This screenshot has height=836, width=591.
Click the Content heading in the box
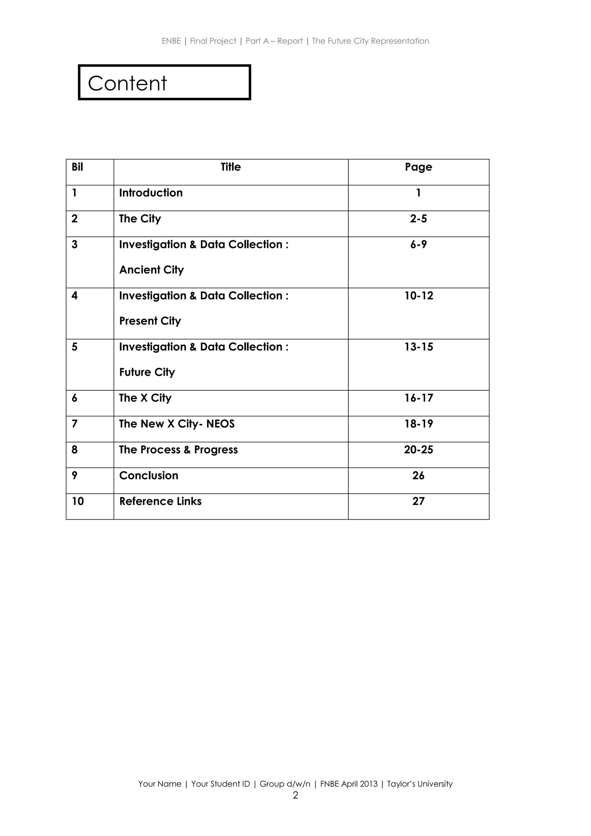(x=127, y=83)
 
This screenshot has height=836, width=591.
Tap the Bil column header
(x=77, y=167)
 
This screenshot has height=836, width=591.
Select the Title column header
(x=231, y=167)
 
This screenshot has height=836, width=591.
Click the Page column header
(x=418, y=167)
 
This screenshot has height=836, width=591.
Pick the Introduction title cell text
(x=151, y=193)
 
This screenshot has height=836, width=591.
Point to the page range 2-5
(x=418, y=219)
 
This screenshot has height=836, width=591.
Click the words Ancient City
(x=152, y=270)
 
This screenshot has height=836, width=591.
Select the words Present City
(x=150, y=321)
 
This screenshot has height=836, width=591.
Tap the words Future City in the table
(x=147, y=372)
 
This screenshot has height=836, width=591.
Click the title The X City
(x=145, y=398)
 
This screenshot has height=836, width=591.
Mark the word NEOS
(x=220, y=424)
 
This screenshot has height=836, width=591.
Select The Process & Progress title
(x=178, y=450)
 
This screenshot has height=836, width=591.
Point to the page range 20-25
(x=418, y=450)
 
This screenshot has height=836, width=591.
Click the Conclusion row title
(x=149, y=475)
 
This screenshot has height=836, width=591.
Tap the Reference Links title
(x=160, y=501)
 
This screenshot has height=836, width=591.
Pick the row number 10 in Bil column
(x=78, y=501)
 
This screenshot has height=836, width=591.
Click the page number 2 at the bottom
(x=295, y=795)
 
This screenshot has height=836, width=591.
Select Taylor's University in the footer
(x=420, y=784)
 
